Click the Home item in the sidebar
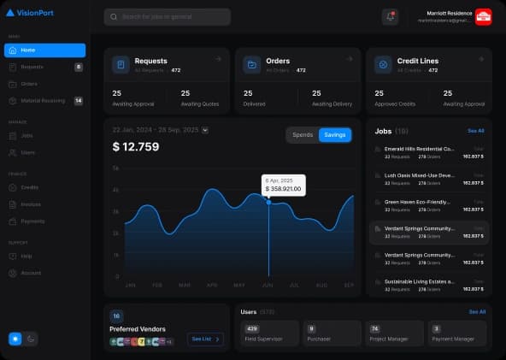[x=44, y=50]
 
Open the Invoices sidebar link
[x=32, y=204]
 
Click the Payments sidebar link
[x=32, y=221]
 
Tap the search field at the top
[x=167, y=16]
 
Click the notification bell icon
[x=391, y=16]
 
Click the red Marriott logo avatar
[x=483, y=16]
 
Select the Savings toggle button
[x=334, y=135]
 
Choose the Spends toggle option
[x=303, y=135]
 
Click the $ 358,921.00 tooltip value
[x=283, y=188]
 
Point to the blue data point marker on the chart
[x=269, y=202]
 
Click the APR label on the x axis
[x=212, y=285]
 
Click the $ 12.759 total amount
[x=136, y=146]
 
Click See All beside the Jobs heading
[x=475, y=131]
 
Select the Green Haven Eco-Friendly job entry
[x=419, y=202]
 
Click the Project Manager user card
[x=396, y=332]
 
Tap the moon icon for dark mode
[x=31, y=339]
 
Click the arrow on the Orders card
[x=350, y=59]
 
